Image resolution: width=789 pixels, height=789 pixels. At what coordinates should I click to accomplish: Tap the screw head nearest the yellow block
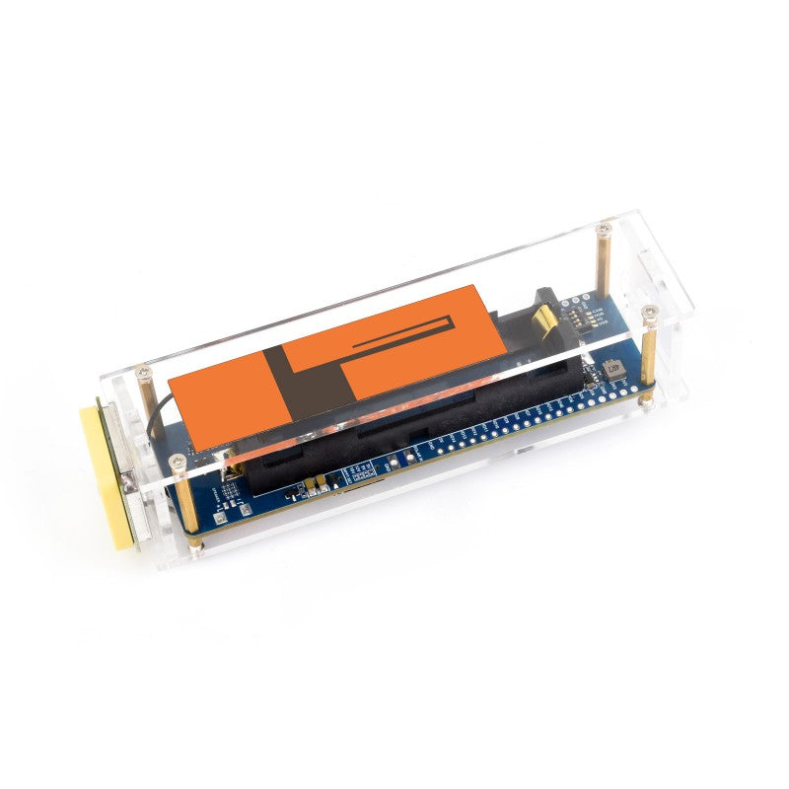[x=179, y=459]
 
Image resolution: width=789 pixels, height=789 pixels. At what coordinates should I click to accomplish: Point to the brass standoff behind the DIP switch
[x=603, y=261]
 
